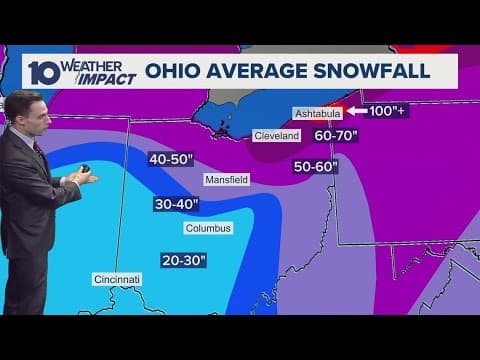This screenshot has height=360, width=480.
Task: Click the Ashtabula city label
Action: (317, 113)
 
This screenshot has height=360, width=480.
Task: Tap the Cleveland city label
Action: (277, 135)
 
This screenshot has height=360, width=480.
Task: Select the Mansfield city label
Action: (226, 180)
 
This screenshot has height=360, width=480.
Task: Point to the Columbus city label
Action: (209, 228)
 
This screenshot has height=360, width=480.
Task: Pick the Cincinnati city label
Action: (117, 278)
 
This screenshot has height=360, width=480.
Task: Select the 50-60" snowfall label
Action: (315, 167)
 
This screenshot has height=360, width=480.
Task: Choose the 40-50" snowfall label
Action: (170, 159)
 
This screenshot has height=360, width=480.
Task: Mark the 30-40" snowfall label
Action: (177, 204)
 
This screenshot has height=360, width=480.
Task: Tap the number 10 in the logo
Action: (41, 72)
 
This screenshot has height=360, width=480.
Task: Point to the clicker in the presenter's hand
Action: (85, 171)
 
